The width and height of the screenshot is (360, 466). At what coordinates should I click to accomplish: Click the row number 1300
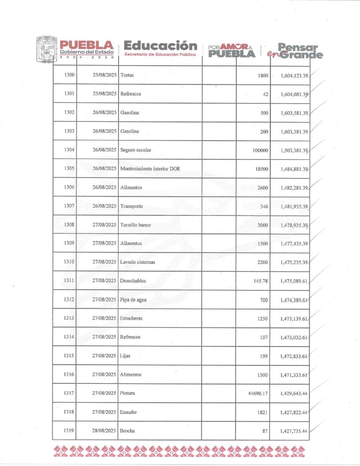click(x=69, y=75)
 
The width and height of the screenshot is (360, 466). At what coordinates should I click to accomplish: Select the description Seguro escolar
click(x=135, y=150)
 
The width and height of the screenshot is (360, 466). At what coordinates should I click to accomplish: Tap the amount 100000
click(x=260, y=150)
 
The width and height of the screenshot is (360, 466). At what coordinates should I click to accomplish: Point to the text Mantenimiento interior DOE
click(x=150, y=168)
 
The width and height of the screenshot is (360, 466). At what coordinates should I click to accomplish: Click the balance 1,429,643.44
click(x=294, y=394)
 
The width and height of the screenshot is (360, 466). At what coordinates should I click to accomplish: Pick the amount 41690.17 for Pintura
click(x=258, y=394)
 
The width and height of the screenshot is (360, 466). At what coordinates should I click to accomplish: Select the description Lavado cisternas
click(x=137, y=262)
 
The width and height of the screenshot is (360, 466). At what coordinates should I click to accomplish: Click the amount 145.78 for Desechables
click(x=261, y=281)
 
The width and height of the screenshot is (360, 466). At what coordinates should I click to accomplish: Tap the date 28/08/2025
click(x=104, y=431)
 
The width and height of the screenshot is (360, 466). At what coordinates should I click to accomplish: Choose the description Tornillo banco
click(x=135, y=225)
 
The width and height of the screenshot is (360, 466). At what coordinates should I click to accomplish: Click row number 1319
click(x=69, y=430)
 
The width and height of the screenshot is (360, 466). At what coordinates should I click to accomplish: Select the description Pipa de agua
click(x=133, y=300)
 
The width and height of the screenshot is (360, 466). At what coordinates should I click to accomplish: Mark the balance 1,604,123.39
click(x=294, y=76)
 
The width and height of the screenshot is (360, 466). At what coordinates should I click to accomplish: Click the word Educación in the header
click(x=160, y=46)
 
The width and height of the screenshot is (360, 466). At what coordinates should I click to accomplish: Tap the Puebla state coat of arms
click(x=47, y=49)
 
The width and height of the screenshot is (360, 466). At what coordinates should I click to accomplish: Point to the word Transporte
click(x=131, y=206)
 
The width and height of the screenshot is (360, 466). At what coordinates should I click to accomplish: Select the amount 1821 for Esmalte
click(x=262, y=412)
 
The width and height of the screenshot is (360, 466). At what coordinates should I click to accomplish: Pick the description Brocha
click(x=127, y=431)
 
